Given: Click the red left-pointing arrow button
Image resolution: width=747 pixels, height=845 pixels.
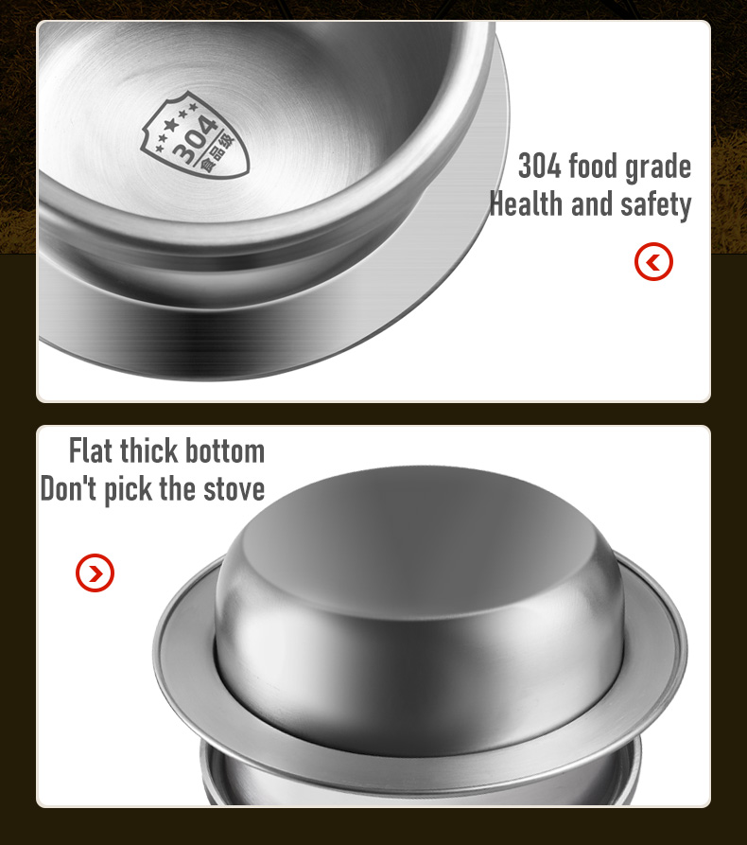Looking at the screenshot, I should (x=653, y=262).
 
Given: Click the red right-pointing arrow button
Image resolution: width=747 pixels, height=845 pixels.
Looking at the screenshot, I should (x=95, y=572).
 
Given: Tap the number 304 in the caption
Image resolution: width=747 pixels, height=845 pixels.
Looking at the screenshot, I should (x=540, y=167).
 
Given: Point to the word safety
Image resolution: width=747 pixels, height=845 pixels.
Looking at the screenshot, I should (x=655, y=205).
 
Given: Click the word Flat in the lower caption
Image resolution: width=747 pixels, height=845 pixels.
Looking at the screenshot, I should (x=91, y=450).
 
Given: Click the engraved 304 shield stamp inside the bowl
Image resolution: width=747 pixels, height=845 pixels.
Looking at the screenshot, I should (x=195, y=136).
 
